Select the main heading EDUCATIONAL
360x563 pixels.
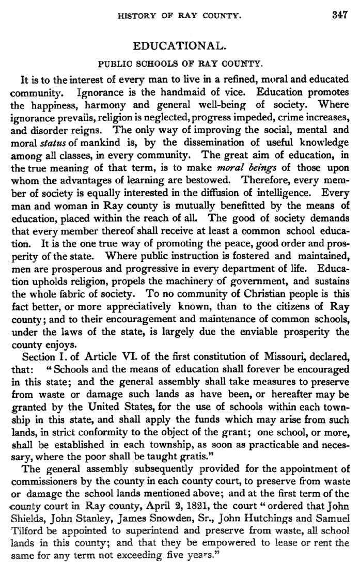point(179,46)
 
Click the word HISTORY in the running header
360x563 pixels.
point(136,16)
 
